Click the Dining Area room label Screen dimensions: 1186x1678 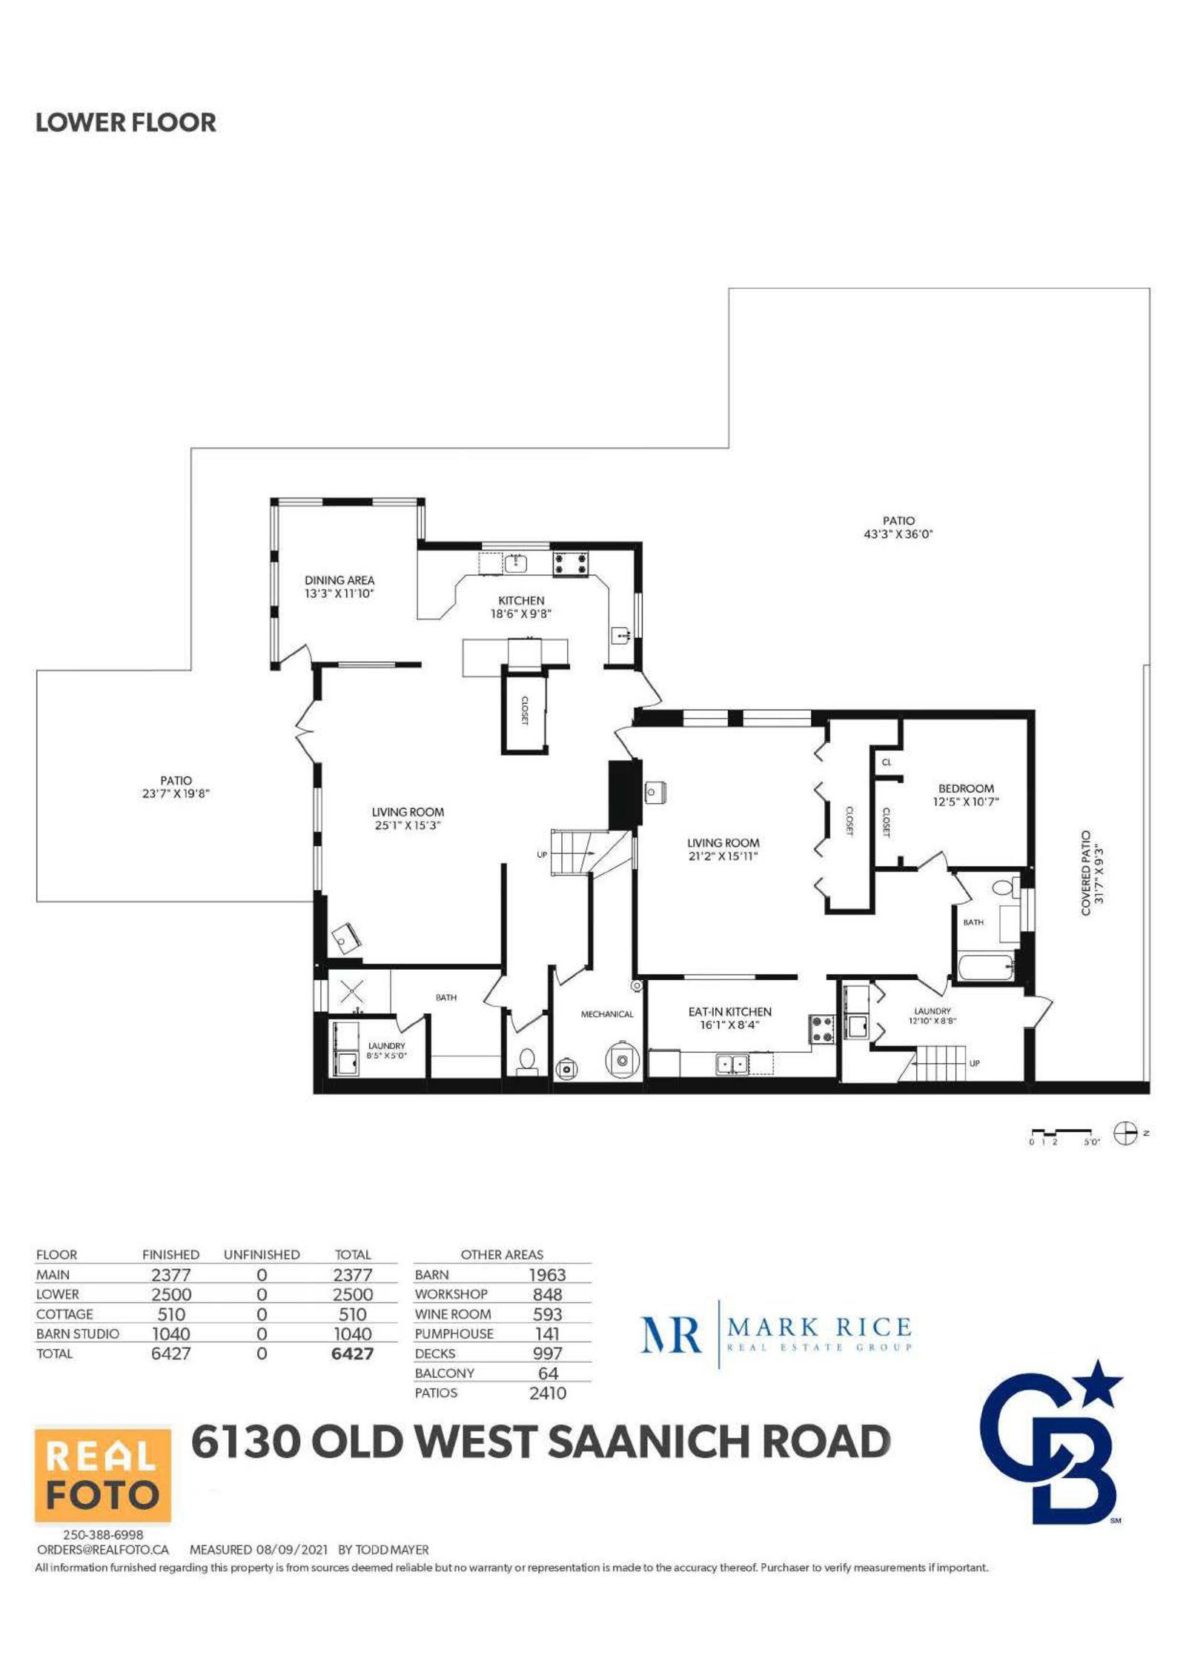point(339,580)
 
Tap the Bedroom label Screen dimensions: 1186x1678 point(966,789)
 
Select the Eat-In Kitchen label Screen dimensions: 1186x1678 point(730,1012)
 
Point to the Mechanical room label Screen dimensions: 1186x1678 point(607,1014)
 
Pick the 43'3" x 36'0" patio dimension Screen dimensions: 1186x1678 point(898,534)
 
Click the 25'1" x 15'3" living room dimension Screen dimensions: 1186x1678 point(408,825)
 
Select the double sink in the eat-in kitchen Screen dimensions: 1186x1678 point(732,1065)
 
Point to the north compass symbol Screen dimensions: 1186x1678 point(1126,1133)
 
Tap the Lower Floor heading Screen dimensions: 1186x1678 point(126,122)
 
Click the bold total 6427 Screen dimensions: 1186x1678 point(353,1354)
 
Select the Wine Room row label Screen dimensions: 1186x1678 point(453,1314)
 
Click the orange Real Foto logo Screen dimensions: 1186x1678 point(103,1474)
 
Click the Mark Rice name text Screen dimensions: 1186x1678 point(819,1327)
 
